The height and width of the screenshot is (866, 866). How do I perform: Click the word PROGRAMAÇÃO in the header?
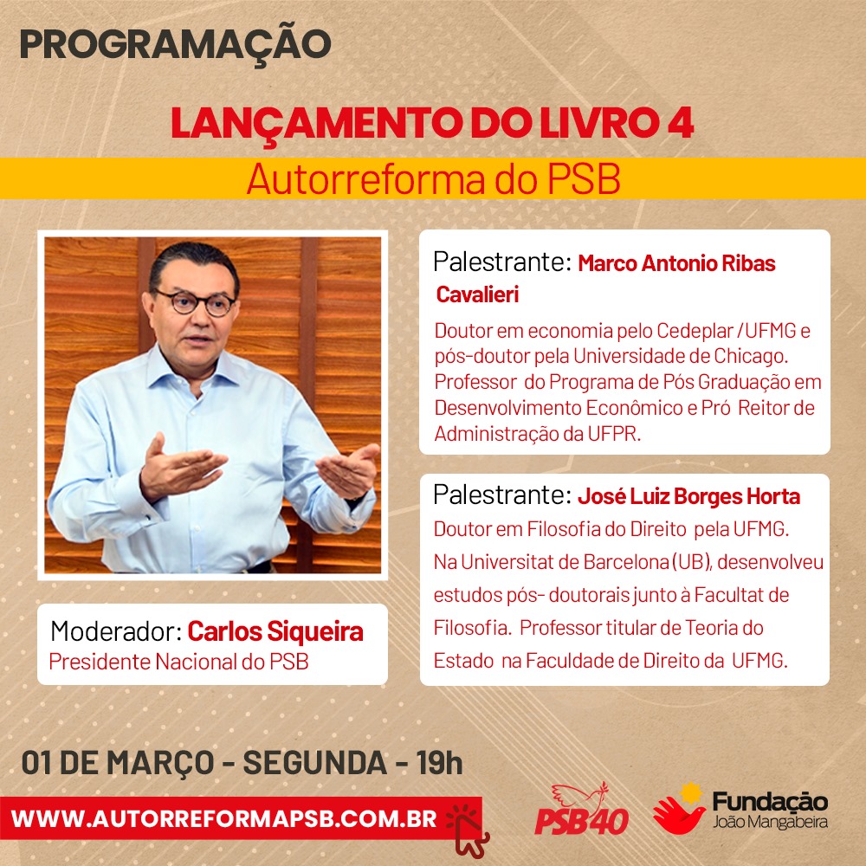[x=175, y=45]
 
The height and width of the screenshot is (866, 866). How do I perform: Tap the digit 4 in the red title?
[x=681, y=123]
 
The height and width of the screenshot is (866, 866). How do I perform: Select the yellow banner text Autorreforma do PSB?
[x=434, y=179]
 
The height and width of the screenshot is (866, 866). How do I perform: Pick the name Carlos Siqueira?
[x=275, y=632]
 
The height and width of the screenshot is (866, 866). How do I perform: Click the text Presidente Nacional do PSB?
[x=178, y=662]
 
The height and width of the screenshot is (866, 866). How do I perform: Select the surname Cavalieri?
[x=477, y=294]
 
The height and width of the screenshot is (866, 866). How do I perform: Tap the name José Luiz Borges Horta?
[x=688, y=496]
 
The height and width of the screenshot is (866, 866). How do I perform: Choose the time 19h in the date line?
[x=440, y=763]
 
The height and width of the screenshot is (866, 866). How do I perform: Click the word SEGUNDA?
[x=315, y=763]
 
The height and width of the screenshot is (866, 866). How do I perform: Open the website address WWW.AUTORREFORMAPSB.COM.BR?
[x=223, y=818]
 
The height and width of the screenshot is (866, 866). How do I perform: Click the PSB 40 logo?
[x=582, y=810]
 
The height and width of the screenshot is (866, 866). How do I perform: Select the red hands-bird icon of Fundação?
[x=679, y=809]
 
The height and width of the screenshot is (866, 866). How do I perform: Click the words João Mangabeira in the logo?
[x=770, y=822]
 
